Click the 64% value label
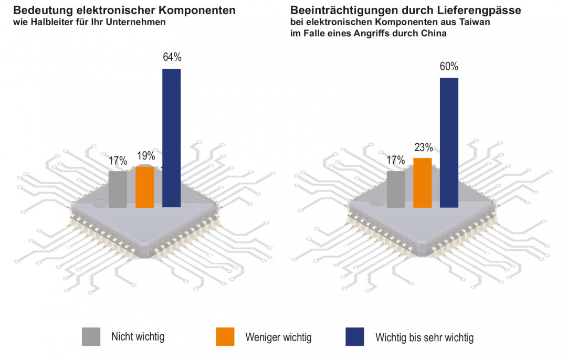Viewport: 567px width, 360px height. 172,57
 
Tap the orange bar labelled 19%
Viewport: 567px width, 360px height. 144,187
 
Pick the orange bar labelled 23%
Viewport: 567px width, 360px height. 422,183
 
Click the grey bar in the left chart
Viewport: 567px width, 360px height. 118,189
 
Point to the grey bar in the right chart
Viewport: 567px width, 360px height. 395,189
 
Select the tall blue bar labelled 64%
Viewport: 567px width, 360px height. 171,137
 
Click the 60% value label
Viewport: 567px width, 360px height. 449,67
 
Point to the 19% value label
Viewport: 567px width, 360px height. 145,156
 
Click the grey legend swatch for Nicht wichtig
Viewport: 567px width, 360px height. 91,336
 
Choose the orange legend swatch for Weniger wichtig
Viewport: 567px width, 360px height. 225,336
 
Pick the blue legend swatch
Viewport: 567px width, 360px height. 355,336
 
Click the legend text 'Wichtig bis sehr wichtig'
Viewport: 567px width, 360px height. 424,337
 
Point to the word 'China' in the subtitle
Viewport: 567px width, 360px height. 436,34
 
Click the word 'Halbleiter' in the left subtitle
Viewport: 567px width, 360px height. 49,22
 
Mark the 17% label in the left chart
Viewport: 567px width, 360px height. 117,160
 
